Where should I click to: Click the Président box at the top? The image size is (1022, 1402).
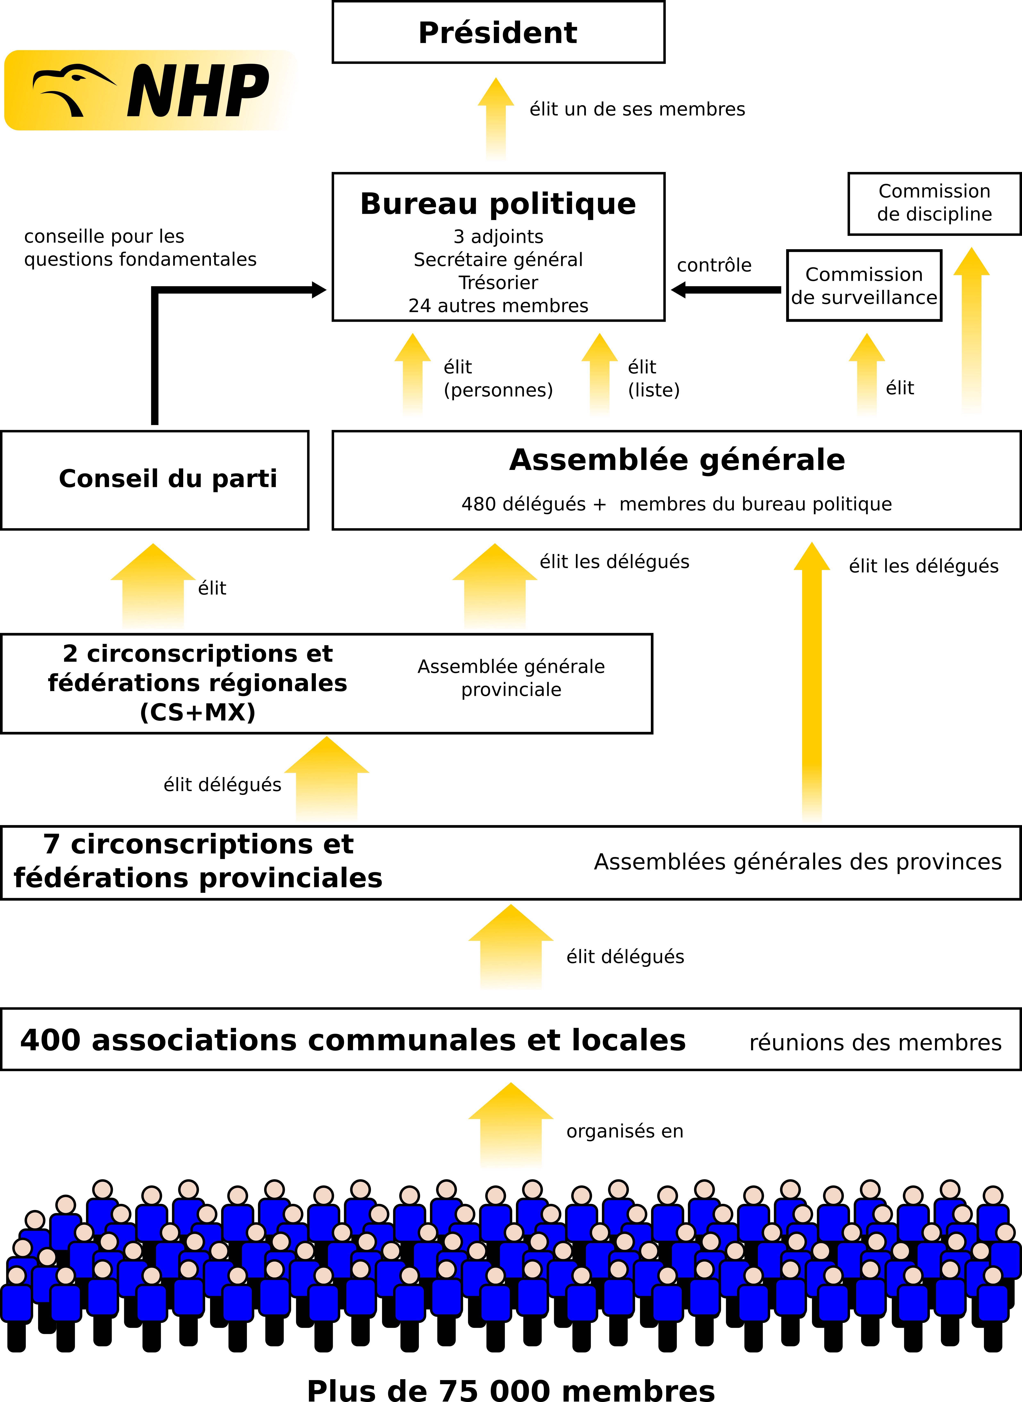[x=498, y=32]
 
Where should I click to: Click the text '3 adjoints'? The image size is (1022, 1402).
[x=498, y=236]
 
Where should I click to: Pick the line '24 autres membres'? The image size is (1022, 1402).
[x=498, y=306]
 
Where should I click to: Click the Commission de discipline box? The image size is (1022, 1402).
[x=934, y=203]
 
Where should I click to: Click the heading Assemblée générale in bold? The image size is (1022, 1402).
[x=677, y=460]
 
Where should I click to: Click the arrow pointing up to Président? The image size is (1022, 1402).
[x=496, y=121]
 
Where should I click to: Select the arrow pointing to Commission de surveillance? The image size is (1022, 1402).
[x=867, y=376]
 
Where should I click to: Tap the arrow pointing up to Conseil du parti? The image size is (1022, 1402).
[x=153, y=588]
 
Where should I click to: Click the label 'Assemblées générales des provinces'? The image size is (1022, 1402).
[x=797, y=862]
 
